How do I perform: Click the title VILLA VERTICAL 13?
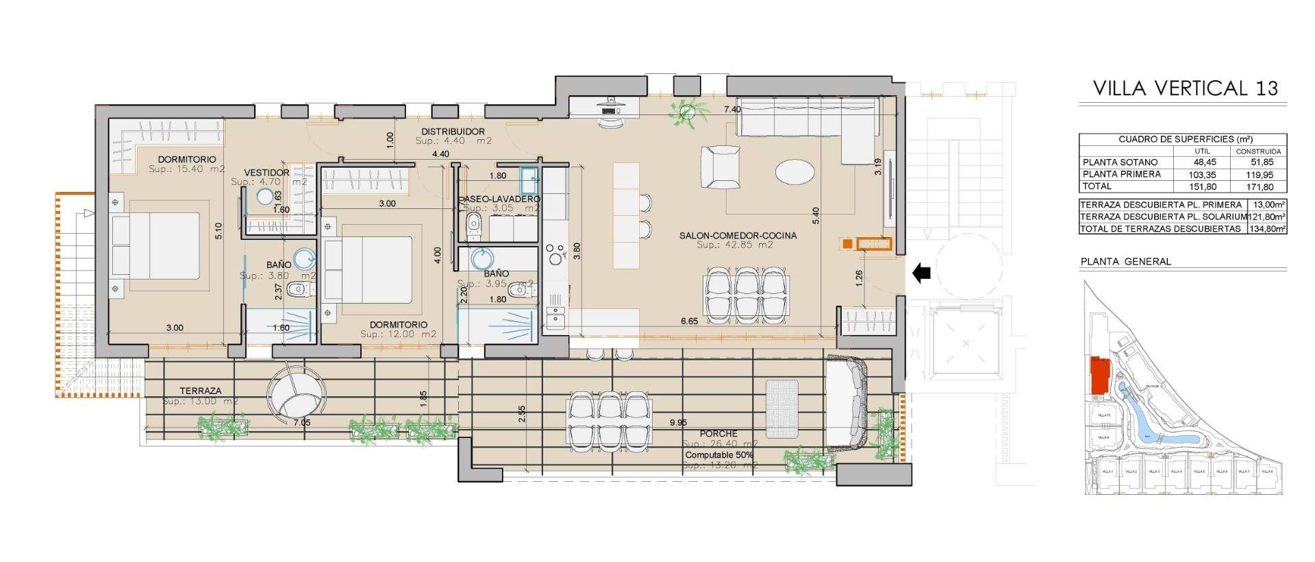[1185, 88]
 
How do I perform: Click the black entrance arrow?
[922, 273]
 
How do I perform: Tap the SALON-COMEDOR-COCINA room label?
[738, 236]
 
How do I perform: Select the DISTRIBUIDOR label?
[453, 132]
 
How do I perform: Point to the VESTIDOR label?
[266, 173]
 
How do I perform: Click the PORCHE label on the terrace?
[718, 434]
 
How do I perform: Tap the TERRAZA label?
[200, 391]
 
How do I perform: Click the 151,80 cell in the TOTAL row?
[1202, 186]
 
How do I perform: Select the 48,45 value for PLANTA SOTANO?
[1202, 162]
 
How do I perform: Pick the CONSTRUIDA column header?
[1258, 151]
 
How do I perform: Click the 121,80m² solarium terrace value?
[1267, 217]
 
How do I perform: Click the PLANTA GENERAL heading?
[1125, 262]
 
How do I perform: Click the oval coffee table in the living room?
[795, 171]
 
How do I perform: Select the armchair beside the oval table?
[721, 167]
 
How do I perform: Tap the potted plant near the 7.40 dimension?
[688, 113]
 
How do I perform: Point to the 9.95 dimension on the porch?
[678, 423]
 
